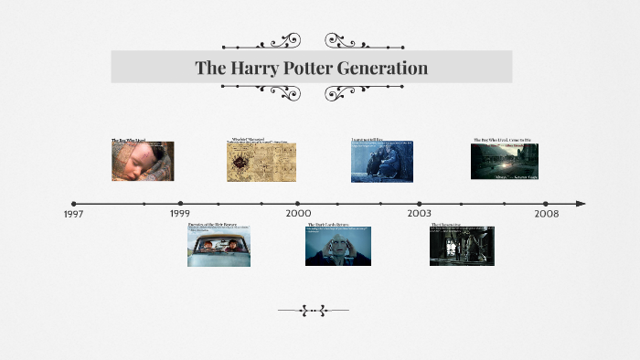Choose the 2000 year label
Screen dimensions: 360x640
[x=298, y=214]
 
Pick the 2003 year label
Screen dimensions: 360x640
[x=420, y=214]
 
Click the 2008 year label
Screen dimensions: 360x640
[x=547, y=214]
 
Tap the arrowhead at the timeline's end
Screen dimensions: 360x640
[x=581, y=204]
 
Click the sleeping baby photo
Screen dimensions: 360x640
[x=143, y=162]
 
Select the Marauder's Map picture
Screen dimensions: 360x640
[x=261, y=162]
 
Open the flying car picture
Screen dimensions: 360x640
[x=219, y=247]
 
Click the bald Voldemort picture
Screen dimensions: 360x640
[x=338, y=247]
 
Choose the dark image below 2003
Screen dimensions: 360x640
[x=462, y=247]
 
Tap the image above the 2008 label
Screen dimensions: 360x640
[x=505, y=162]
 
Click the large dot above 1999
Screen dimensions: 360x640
[x=180, y=204]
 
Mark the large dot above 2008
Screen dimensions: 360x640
[x=546, y=204]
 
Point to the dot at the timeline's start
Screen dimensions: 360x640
[x=74, y=204]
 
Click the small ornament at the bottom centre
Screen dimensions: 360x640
[x=313, y=311]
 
